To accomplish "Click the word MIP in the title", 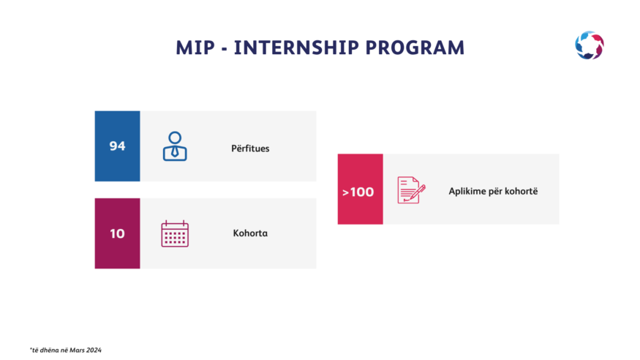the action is [195, 48].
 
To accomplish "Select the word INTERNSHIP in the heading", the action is [296, 48].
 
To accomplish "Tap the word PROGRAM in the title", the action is [415, 48].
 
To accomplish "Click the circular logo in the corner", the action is [590, 45].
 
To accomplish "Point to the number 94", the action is [117, 146].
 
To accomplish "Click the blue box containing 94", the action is [118, 146].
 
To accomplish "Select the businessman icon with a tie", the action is [175, 146].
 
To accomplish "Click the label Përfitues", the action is [250, 148].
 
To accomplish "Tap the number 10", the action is [117, 233].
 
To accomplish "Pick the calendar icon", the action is [175, 233].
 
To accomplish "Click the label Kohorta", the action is [250, 233].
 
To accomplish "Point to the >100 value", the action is [358, 192].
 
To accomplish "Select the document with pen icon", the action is [411, 190].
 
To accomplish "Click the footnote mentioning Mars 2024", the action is [66, 350].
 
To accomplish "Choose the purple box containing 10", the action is [118, 233].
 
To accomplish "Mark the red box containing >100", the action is [361, 189].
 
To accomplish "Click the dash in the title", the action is [224, 49].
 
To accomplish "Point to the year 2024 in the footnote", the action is [94, 350].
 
